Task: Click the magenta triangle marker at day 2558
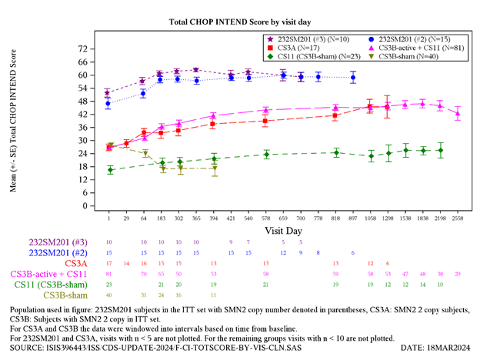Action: (x=458, y=113)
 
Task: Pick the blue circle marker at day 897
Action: (x=353, y=78)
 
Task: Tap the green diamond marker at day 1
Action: (x=110, y=170)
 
